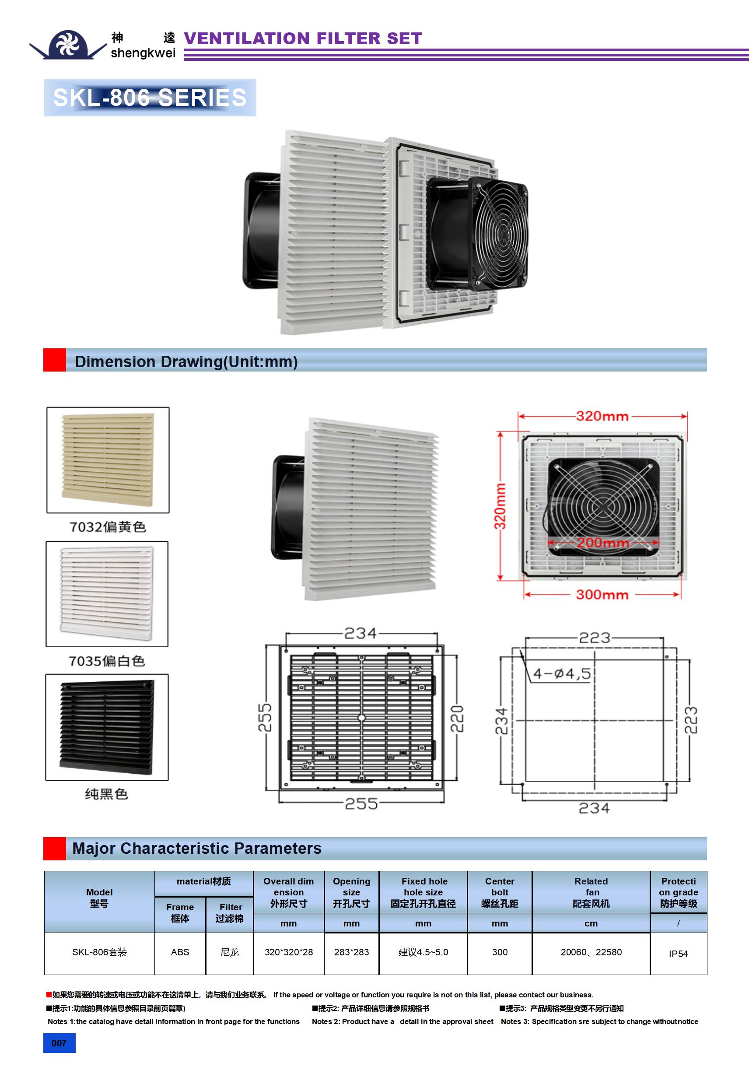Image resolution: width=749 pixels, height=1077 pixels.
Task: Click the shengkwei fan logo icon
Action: [x=68, y=44]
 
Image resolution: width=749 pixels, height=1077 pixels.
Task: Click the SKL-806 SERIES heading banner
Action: [x=150, y=98]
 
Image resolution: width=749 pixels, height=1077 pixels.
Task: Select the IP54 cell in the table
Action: [x=678, y=954]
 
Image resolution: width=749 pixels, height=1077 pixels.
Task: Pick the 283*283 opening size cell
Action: [x=351, y=952]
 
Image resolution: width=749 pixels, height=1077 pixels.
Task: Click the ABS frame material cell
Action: [x=180, y=952]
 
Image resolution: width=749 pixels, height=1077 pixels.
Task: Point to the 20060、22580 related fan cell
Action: [x=591, y=952]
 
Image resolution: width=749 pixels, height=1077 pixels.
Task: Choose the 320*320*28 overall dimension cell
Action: [x=288, y=952]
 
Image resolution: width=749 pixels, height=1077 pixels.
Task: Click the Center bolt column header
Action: [x=500, y=892]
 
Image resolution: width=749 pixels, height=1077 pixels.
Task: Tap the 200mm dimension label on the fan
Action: [x=603, y=543]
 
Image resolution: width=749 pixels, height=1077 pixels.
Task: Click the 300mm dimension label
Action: [x=602, y=595]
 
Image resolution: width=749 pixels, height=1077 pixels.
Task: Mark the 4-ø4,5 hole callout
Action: [x=561, y=674]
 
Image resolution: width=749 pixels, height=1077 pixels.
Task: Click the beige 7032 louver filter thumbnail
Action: [x=108, y=460]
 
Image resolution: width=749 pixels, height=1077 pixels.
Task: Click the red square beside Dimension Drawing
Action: [x=54, y=360]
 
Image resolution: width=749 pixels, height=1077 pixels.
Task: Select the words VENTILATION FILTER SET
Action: [x=303, y=39]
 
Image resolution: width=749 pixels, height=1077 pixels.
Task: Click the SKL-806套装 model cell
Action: [x=99, y=952]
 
